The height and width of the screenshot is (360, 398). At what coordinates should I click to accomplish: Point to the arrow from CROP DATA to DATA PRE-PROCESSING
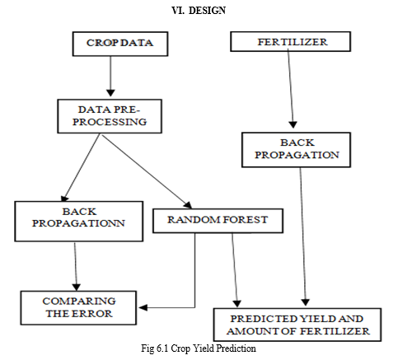tap(110, 77)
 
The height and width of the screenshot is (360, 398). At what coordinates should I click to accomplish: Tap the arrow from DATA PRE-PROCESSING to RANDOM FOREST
tap(147, 171)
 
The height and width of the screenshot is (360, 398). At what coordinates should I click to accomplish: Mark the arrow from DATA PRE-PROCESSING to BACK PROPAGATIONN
tap(81, 168)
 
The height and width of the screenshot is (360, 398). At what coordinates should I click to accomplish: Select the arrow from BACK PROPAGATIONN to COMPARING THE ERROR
tap(76, 266)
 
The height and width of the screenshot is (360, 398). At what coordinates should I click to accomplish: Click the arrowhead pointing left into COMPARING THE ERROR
tap(143, 307)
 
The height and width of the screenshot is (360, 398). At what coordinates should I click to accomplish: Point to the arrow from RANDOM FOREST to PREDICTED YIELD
tap(235, 270)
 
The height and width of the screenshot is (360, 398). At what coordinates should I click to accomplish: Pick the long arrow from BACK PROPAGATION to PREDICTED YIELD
tap(303, 236)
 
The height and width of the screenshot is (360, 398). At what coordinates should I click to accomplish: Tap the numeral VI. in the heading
tap(178, 11)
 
